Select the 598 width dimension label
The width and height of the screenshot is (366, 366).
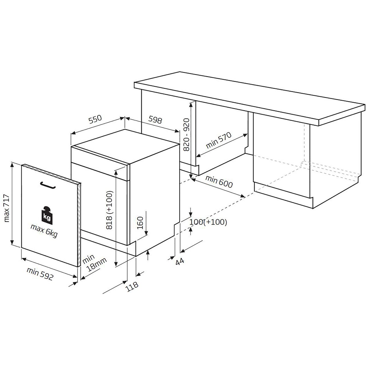point(155,120)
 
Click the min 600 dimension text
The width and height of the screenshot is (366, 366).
point(219,182)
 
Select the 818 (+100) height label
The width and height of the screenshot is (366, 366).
point(110,210)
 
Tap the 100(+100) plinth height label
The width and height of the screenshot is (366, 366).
point(208,222)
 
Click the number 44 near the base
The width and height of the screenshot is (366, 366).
point(179,262)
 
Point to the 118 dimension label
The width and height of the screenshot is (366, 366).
point(133,286)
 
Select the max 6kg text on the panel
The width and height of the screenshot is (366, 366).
point(44,231)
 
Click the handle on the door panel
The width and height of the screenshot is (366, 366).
point(47,185)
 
